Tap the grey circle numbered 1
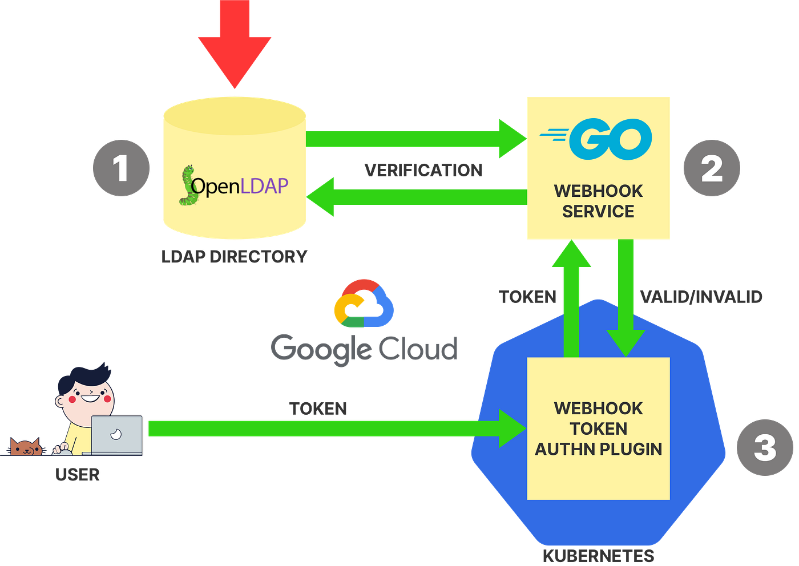121,168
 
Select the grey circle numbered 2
712,168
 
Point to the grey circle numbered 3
765,447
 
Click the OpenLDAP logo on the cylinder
233,185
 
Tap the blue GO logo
596,139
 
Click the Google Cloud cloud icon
364,303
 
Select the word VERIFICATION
423,170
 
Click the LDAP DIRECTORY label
235,257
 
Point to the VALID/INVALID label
701,297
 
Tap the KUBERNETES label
599,557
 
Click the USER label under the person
78,475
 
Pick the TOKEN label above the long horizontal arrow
318,409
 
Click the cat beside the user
25,447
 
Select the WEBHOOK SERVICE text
598,201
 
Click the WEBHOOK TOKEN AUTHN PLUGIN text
598,428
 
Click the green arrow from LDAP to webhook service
416,139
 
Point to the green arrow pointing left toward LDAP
417,197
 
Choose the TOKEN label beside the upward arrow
527,297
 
